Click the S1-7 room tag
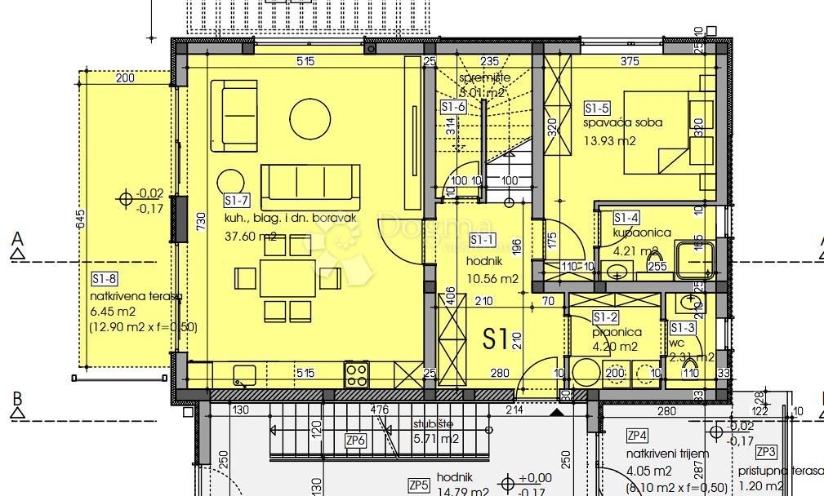(x=236, y=201)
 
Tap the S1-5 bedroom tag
(x=597, y=108)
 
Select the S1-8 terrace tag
(x=105, y=278)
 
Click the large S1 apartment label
(x=497, y=339)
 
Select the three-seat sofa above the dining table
(x=310, y=183)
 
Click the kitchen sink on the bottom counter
(x=244, y=374)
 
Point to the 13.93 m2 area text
(x=609, y=140)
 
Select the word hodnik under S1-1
(x=484, y=261)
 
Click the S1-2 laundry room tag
(x=605, y=317)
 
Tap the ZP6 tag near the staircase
(x=355, y=441)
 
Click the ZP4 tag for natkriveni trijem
(x=638, y=435)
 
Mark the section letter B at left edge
(x=16, y=400)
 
